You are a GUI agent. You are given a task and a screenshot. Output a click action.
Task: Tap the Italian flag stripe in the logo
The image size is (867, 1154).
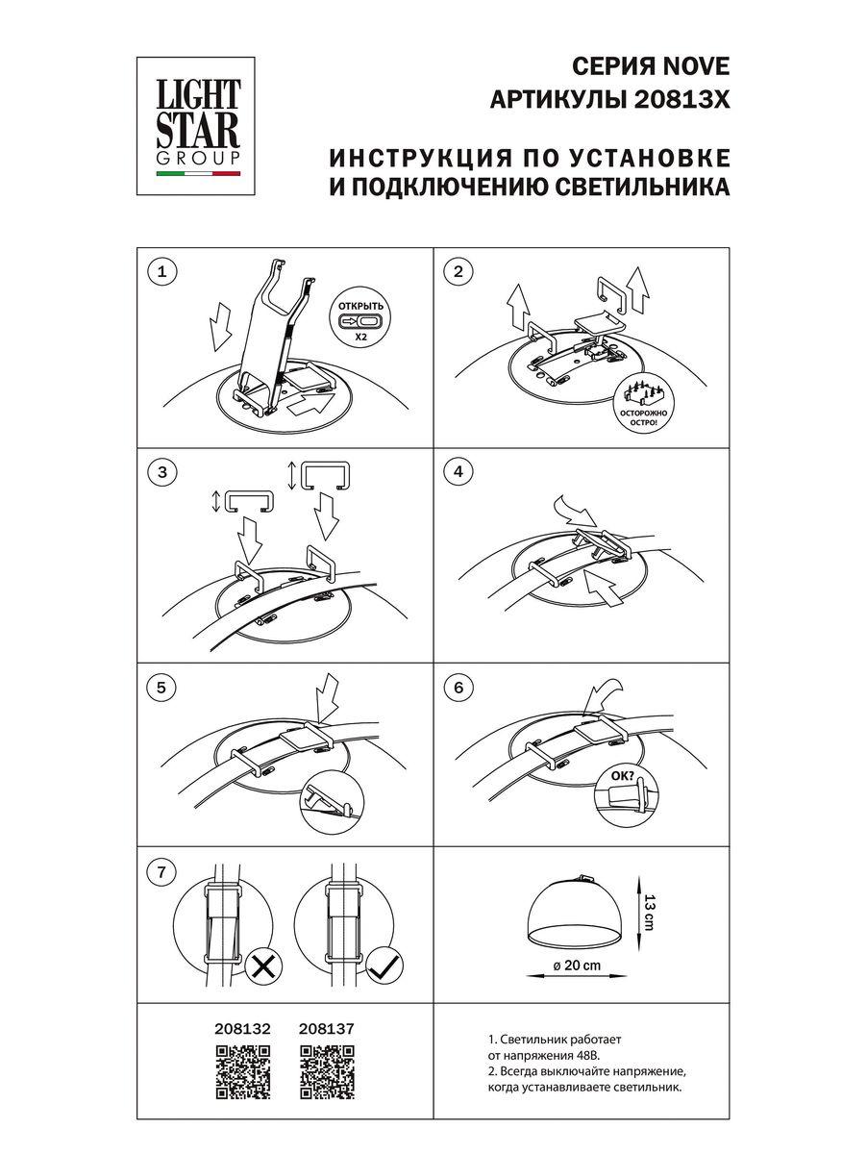tap(199, 175)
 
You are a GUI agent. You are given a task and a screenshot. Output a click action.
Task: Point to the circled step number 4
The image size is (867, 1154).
tap(458, 471)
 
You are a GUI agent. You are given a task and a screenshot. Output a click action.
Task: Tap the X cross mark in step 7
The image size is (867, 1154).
tap(261, 966)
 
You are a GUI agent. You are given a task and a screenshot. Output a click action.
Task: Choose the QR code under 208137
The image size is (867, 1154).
tap(327, 1072)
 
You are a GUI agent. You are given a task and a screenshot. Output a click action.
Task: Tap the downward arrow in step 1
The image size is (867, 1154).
tap(220, 326)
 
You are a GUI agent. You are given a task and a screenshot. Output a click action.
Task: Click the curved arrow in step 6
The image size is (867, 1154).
tap(602, 695)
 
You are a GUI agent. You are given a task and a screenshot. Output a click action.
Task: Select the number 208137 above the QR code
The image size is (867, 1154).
tap(327, 1028)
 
